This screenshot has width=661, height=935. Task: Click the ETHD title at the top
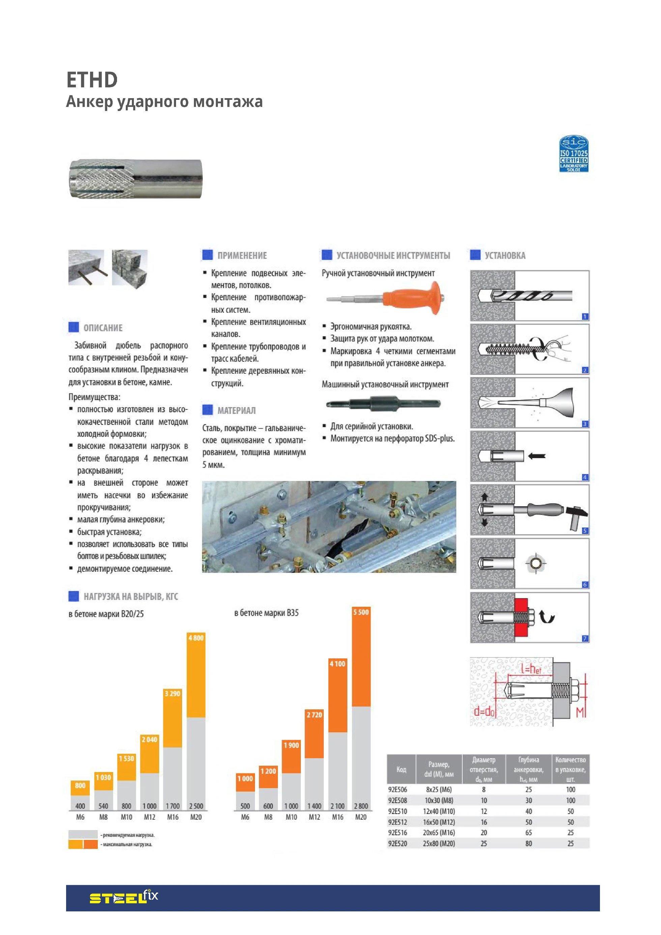pyautogui.click(x=92, y=80)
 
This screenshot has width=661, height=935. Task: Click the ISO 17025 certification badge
pyautogui.click(x=573, y=153)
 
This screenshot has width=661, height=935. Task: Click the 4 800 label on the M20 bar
pyautogui.click(x=196, y=638)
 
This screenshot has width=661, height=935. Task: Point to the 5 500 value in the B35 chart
pyautogui.click(x=361, y=612)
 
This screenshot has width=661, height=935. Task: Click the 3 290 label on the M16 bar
pyautogui.click(x=172, y=693)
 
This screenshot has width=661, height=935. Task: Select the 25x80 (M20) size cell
pyautogui.click(x=439, y=843)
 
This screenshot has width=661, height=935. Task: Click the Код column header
pyautogui.click(x=401, y=769)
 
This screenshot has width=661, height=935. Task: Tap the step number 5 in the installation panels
pyautogui.click(x=585, y=531)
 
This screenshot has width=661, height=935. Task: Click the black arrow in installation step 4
pyautogui.click(x=537, y=456)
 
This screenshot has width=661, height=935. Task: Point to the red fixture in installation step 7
pyautogui.click(x=521, y=617)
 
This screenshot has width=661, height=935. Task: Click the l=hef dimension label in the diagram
pyautogui.click(x=531, y=669)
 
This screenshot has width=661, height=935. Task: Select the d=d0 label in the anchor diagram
pyautogui.click(x=484, y=711)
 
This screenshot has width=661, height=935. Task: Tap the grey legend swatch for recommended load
pyautogui.click(x=83, y=834)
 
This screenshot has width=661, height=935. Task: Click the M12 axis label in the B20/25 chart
pyautogui.click(x=149, y=817)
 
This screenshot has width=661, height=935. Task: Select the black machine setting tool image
pyautogui.click(x=383, y=404)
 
